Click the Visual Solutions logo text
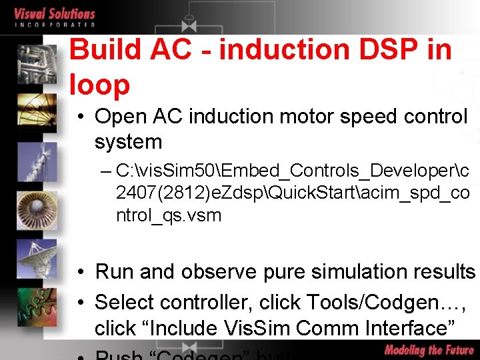coord(55,14)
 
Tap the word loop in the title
coord(99,85)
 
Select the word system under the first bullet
coord(128,142)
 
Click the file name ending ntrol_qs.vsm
coord(168,215)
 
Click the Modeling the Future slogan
coord(429,350)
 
